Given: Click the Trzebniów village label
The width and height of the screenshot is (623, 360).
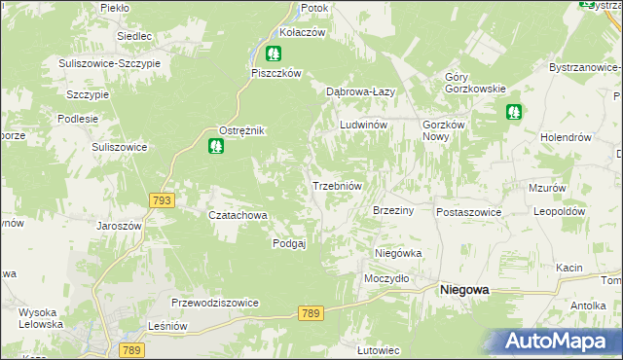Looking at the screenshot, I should [337, 186].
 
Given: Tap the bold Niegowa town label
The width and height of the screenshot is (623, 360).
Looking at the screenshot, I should [464, 289].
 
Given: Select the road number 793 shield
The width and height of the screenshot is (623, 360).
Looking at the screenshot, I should [163, 200].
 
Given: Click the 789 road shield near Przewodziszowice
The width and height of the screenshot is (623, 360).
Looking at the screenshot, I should [311, 312].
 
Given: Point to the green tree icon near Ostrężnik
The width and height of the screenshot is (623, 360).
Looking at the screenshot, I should [216, 147].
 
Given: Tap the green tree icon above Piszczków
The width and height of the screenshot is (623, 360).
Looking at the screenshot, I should [275, 54].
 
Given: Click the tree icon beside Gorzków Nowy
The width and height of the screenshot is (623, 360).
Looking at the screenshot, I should [514, 113].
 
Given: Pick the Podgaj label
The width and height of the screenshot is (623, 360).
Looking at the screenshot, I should [289, 243].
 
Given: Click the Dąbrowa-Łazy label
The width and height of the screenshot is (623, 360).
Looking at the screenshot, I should [359, 91].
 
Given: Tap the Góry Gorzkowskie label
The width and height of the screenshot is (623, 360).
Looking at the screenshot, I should [474, 83].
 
